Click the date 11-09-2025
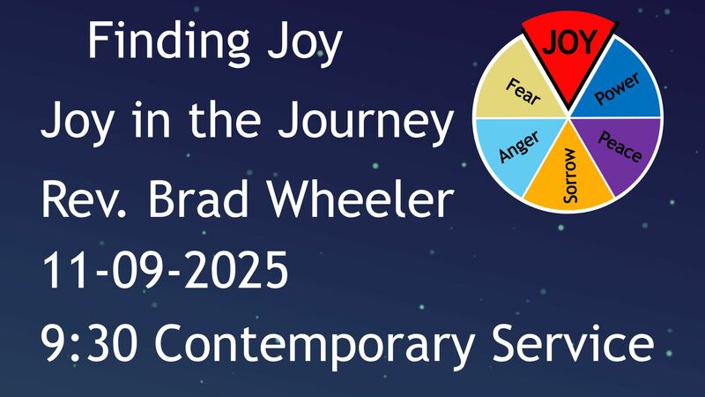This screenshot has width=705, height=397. pyautogui.click(x=165, y=273)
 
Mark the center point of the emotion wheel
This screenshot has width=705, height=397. pyautogui.click(x=568, y=117)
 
